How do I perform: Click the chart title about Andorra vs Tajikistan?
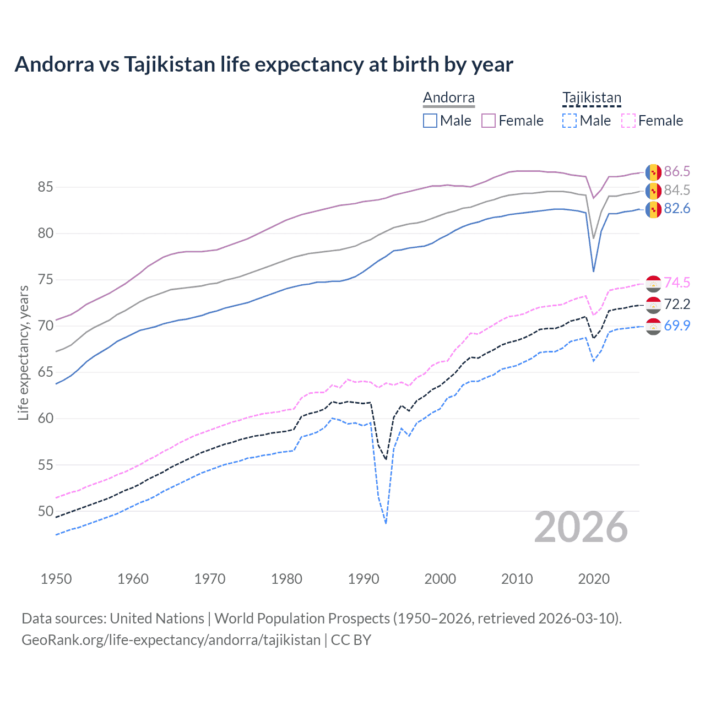[264, 64]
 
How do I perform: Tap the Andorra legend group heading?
[448, 98]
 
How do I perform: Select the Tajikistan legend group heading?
[592, 98]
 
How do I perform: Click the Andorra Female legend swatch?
[489, 121]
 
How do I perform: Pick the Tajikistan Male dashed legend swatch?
[570, 121]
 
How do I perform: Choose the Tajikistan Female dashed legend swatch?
[628, 121]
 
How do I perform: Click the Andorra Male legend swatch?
[430, 121]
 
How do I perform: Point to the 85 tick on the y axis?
[45, 187]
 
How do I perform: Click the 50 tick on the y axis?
[45, 511]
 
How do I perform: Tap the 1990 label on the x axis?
[364, 579]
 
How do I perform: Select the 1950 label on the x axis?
[56, 579]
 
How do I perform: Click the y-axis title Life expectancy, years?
[23, 352]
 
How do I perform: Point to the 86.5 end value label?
[677, 171]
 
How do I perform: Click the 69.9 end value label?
[677, 326]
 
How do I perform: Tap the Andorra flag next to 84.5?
[653, 191]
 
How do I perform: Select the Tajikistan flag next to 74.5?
[653, 283]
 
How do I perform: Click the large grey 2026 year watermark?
[581, 528]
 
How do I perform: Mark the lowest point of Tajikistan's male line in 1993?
[386, 523]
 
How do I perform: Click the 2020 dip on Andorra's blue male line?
[593, 271]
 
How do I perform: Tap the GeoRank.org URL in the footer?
[171, 640]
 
